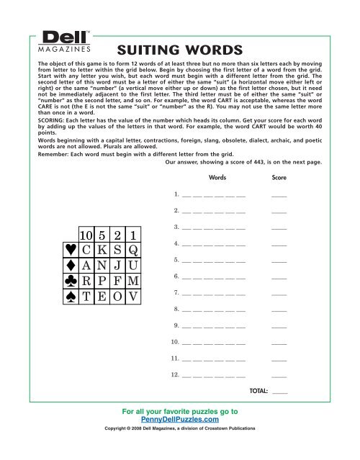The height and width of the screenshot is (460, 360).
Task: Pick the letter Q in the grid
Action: point(133,255)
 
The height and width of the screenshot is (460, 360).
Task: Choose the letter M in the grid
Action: point(133,295)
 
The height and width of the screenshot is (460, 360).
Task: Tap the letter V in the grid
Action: point(133,315)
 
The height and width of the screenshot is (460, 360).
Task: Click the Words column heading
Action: point(217,176)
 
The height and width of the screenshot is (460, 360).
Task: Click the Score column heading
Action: point(279,176)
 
